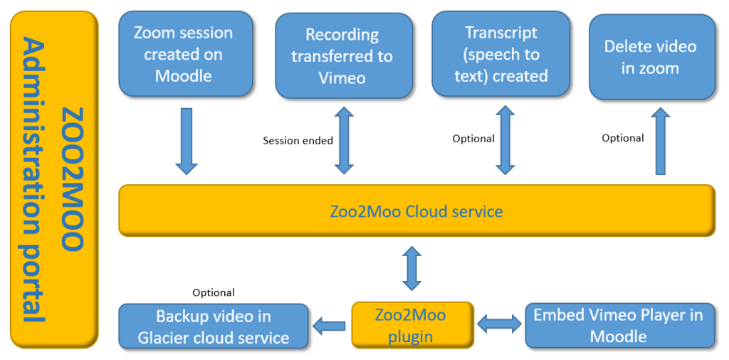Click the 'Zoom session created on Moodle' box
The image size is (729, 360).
point(186,54)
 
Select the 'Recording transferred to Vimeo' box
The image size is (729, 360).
point(344,55)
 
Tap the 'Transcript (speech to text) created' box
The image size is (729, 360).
point(500,53)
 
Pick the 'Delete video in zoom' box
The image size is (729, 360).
point(652,57)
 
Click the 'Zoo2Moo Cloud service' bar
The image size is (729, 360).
point(416,211)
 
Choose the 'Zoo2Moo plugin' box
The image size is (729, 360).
point(412,325)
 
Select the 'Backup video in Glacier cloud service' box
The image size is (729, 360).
point(214,326)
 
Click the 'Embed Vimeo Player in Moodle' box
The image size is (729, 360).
point(620,325)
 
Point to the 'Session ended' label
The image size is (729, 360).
point(298,141)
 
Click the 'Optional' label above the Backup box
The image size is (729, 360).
point(214,292)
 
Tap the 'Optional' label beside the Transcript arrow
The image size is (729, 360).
point(473,139)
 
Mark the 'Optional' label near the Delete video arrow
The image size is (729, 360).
point(622,138)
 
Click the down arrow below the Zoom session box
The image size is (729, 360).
point(187,141)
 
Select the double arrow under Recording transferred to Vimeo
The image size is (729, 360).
point(345,141)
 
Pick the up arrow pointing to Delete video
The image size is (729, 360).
point(661,141)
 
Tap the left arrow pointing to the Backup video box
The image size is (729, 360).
point(329,327)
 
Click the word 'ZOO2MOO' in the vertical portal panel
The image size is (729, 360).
point(73,179)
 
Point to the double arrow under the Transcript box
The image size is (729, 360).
point(505,140)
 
